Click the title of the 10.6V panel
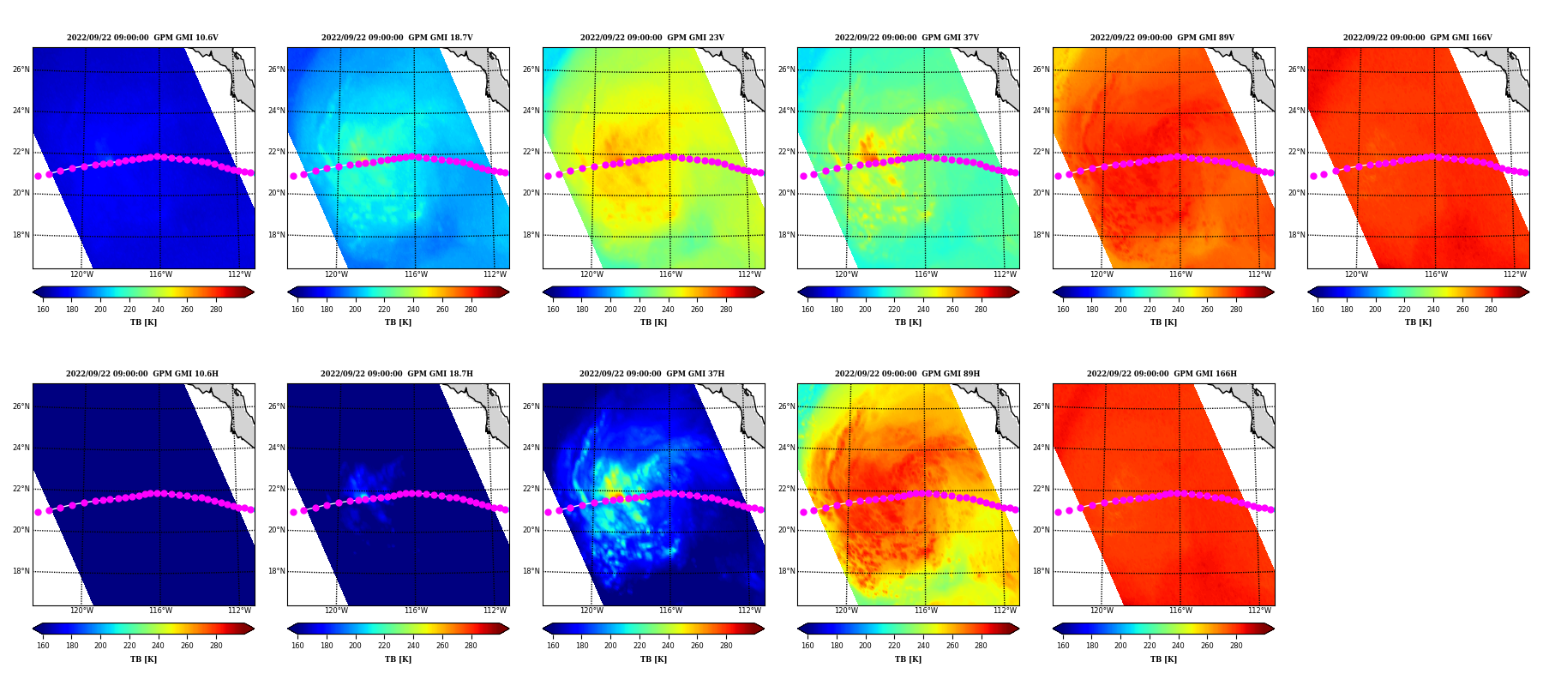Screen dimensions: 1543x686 coord(142,38)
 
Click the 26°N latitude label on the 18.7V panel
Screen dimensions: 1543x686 coord(276,69)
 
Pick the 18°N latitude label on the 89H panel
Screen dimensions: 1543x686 coord(786,571)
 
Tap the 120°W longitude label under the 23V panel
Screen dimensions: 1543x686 coord(591,274)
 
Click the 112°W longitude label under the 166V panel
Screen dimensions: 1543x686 coord(1515,274)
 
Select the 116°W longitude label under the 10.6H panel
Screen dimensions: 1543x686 coord(160,611)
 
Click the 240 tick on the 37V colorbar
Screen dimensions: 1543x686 coord(922,310)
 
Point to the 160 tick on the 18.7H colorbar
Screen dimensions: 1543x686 coord(297,646)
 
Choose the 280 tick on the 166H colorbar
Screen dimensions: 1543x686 coord(1235,646)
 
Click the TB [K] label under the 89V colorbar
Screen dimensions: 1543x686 coord(1163,322)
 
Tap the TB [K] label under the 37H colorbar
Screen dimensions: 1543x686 coord(653,659)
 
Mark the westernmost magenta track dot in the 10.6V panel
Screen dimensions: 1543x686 coord(38,176)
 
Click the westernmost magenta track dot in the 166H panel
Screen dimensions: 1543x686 coord(1058,512)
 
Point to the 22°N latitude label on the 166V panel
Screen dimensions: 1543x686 coord(1296,152)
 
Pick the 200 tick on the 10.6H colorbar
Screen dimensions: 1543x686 coord(100,646)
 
